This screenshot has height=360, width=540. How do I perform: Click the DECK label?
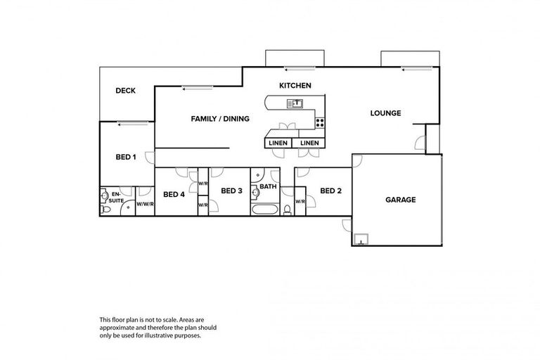(125, 91)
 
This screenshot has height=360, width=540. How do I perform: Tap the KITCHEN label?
(295, 85)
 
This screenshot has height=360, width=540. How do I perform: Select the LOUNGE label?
(386, 113)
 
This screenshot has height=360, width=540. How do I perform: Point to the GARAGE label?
(400, 200)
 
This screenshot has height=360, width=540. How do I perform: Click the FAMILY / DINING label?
(220, 119)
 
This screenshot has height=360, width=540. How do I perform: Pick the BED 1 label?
(125, 157)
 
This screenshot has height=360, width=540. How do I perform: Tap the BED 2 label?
(330, 191)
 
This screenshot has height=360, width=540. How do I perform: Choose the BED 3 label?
(231, 191)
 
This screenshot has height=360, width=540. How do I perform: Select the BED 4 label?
(174, 194)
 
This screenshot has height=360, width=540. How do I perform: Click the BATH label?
(268, 187)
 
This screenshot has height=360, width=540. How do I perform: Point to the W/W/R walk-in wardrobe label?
(145, 204)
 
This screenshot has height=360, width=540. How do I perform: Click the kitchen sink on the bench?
(294, 104)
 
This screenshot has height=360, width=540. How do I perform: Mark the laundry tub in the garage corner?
(361, 240)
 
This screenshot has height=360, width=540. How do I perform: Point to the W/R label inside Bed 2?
(300, 202)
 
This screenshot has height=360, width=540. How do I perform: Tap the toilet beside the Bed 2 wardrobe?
(288, 209)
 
